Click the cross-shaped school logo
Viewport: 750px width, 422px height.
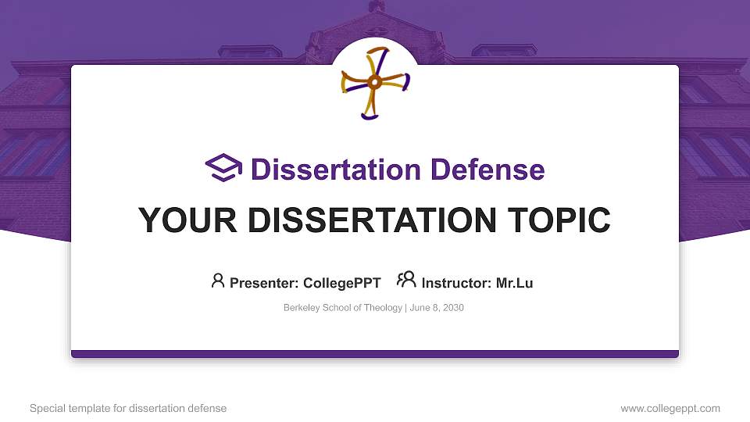(x=375, y=83)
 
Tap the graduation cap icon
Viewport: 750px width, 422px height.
(x=223, y=169)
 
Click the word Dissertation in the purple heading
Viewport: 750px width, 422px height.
(x=329, y=170)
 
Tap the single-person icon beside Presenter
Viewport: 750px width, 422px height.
(x=218, y=281)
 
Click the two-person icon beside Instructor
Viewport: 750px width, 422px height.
(x=406, y=281)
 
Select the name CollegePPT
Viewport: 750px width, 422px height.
(x=341, y=283)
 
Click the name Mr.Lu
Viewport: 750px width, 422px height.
(x=514, y=283)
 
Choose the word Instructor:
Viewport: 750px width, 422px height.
(x=456, y=283)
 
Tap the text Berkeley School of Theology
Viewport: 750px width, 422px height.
(x=342, y=308)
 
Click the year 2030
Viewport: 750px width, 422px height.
(x=452, y=308)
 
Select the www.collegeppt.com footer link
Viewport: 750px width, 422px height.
(x=670, y=408)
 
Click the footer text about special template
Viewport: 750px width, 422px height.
(x=128, y=408)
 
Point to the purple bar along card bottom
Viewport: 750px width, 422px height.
(x=375, y=354)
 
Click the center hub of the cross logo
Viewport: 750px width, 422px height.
(x=375, y=82)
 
